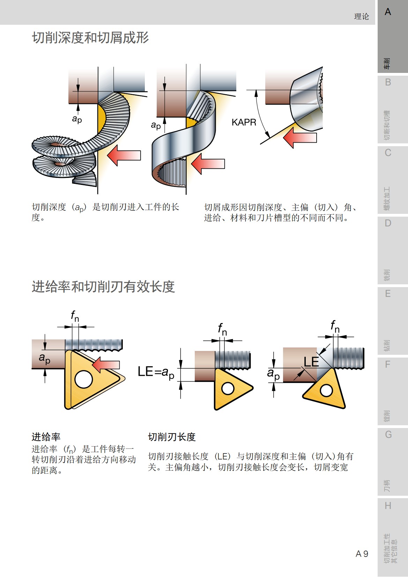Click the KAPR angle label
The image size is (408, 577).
click(x=244, y=122)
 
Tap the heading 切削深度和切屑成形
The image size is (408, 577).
click(x=90, y=38)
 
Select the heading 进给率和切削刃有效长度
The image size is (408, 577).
click(x=103, y=287)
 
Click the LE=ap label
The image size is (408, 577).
click(x=156, y=372)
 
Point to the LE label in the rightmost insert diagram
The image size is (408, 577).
click(x=311, y=362)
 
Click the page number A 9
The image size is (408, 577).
click(x=362, y=554)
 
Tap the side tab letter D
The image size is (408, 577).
click(x=388, y=223)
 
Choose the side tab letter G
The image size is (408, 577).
click(x=388, y=435)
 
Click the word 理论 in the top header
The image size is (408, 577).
click(x=361, y=16)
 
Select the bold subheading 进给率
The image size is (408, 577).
click(x=46, y=437)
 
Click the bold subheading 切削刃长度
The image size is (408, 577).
click(x=171, y=437)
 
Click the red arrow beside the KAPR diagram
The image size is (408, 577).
click(x=299, y=137)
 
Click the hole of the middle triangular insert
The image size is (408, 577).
click(x=228, y=388)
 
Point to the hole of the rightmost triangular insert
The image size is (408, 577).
click(x=326, y=390)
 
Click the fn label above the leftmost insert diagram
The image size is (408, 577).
click(x=75, y=316)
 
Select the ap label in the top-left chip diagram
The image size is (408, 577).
click(x=77, y=119)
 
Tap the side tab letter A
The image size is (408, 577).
click(x=388, y=12)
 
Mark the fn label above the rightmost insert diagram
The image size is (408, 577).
click(x=335, y=327)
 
